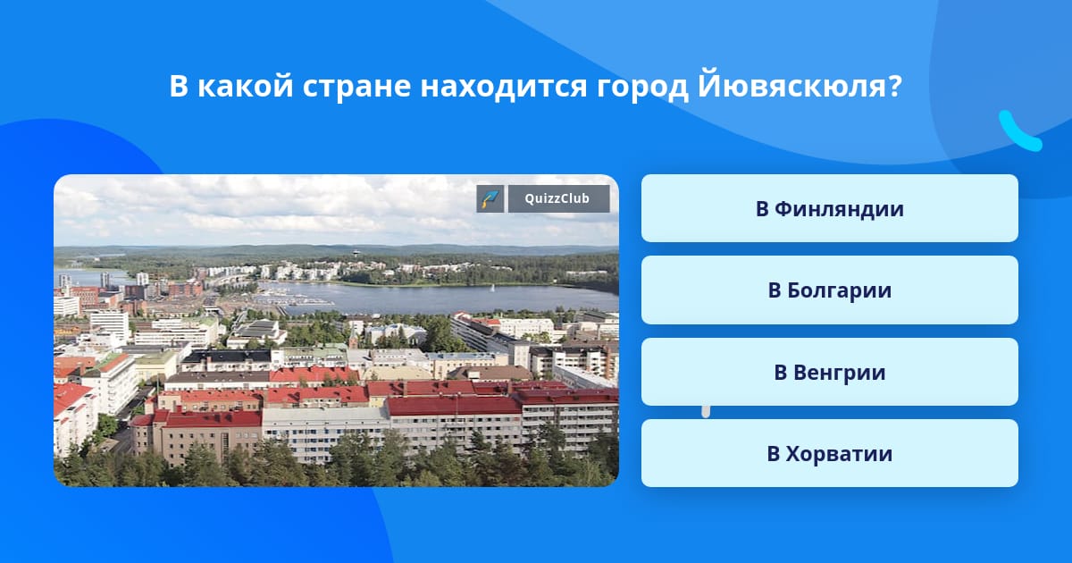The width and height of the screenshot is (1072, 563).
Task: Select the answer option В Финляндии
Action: pos(829,208)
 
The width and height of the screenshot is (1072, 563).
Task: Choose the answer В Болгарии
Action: pos(829,290)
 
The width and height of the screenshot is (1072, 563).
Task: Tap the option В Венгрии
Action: pos(829,372)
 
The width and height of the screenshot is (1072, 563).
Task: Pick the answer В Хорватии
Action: pos(829,453)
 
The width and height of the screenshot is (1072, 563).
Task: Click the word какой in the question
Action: pos(245,85)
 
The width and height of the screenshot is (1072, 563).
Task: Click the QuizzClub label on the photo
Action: pos(557,198)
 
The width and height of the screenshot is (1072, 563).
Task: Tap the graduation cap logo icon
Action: pos(490,198)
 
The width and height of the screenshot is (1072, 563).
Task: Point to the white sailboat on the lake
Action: pos(491,288)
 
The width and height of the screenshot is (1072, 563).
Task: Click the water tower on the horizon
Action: pos(356,253)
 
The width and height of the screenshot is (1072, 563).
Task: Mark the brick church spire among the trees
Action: pos(354,336)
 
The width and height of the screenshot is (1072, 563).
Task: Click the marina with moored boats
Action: pos(292,299)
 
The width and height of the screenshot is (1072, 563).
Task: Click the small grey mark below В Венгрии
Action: pos(706,411)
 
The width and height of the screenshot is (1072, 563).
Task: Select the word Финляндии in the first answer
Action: pos(840,209)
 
